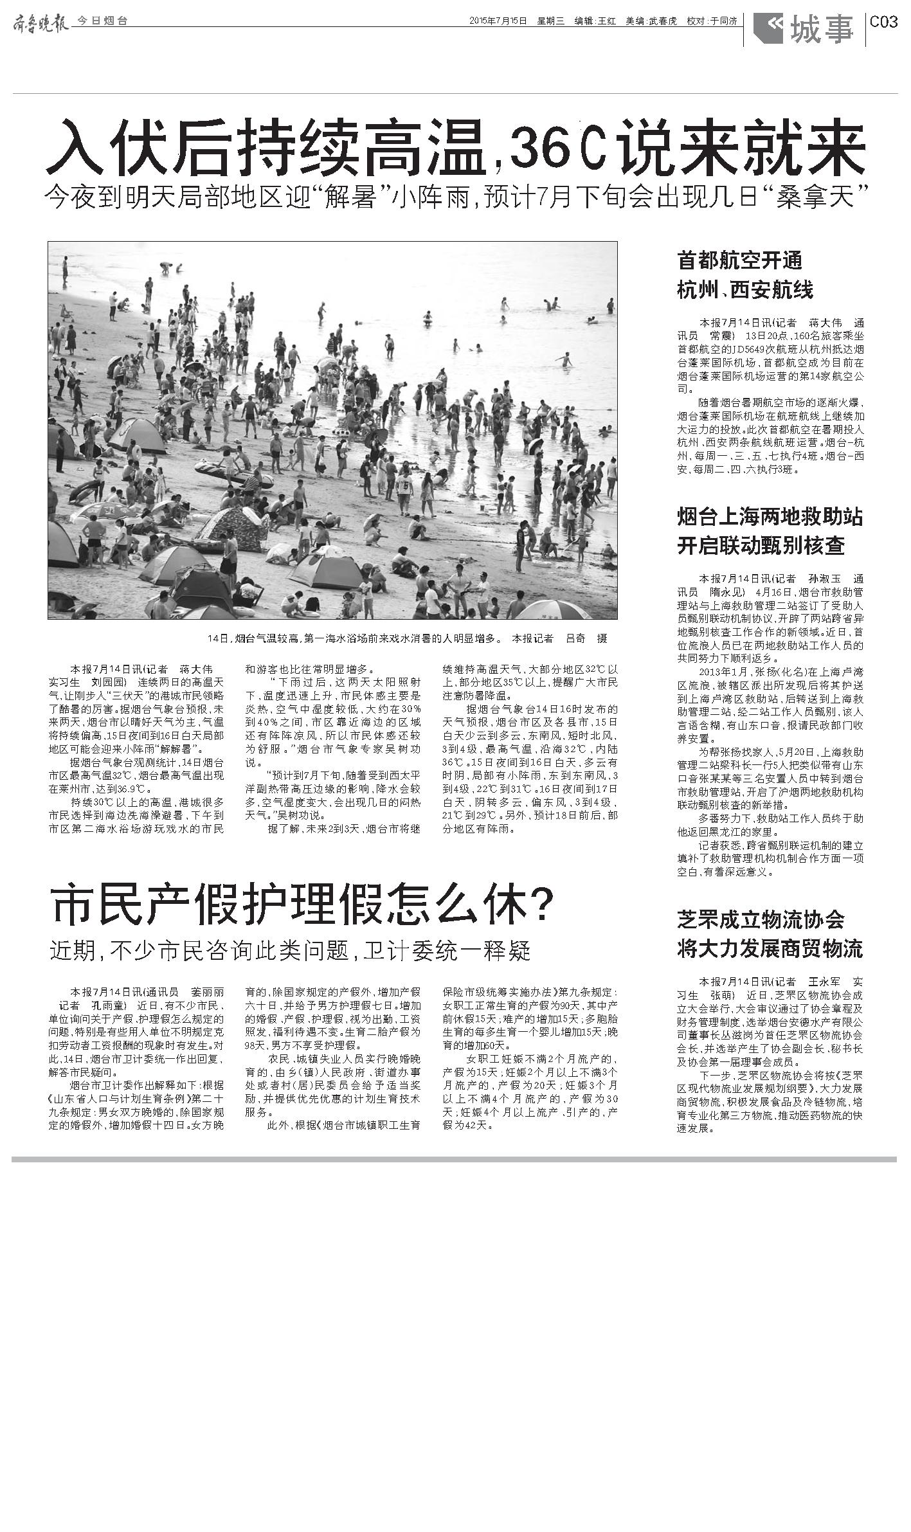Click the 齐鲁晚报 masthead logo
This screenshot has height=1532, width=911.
tap(41, 21)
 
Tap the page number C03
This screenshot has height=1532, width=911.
tap(883, 22)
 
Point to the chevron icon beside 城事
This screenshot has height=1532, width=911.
tap(768, 28)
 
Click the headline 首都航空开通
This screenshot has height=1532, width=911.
tap(739, 260)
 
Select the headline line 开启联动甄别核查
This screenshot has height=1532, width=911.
tap(761, 546)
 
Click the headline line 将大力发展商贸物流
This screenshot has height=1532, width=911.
tap(770, 948)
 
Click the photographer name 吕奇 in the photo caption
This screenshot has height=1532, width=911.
tap(575, 638)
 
